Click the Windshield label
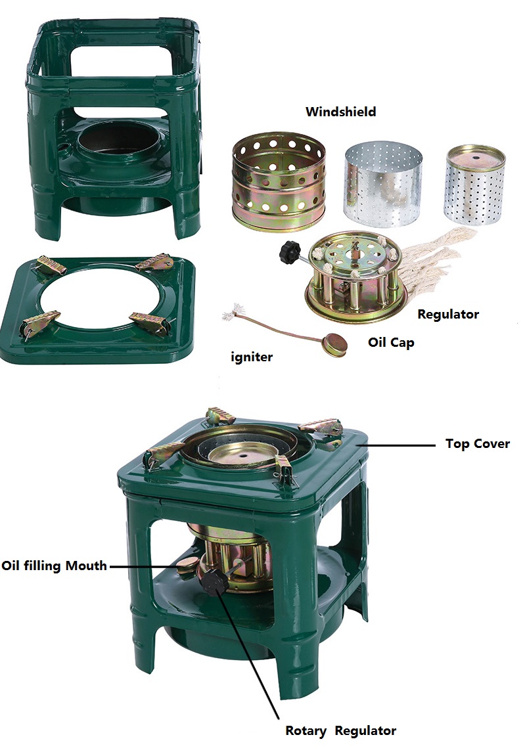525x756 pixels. coord(340,112)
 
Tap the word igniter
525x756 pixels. coord(252,357)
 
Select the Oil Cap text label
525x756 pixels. coord(391,342)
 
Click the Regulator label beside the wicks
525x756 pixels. coord(448,315)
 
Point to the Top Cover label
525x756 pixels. coord(477,443)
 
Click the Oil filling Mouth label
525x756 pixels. coord(54,566)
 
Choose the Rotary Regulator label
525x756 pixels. coord(340,730)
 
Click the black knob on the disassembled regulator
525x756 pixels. coord(290,252)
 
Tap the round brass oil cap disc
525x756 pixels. coord(335,345)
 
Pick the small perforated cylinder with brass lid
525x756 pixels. coord(474,185)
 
